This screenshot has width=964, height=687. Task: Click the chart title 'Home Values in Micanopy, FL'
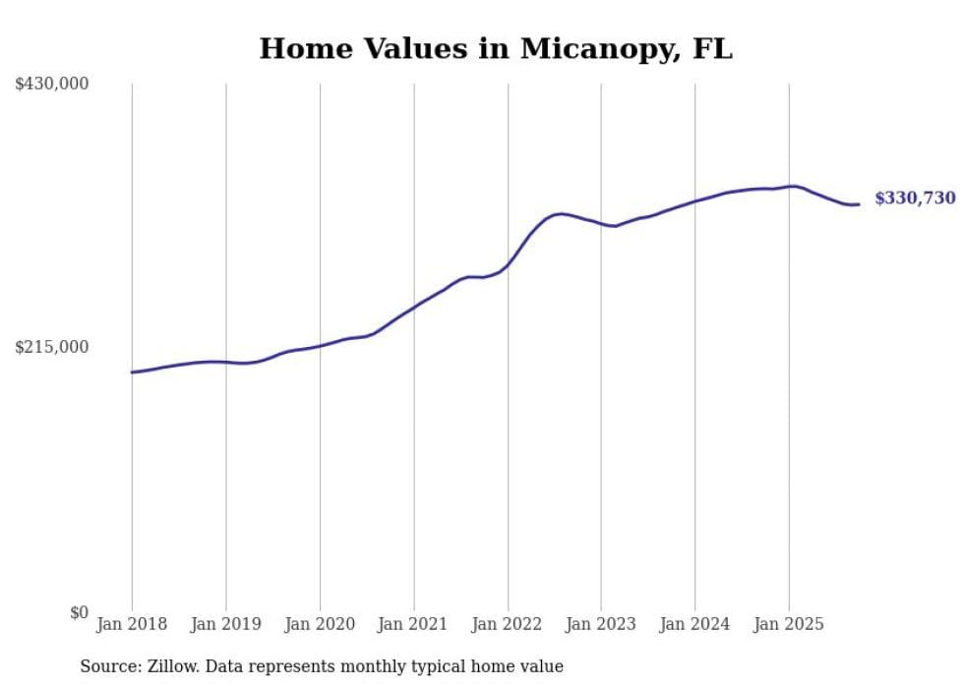pyautogui.click(x=496, y=49)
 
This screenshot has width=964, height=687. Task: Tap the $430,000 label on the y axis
pyautogui.click(x=52, y=85)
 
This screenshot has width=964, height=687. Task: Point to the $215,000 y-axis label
pyautogui.click(x=52, y=347)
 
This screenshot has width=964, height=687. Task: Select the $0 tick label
pyautogui.click(x=79, y=612)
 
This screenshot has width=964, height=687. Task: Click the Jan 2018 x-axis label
pyautogui.click(x=132, y=624)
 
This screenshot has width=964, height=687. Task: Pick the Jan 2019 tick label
pyautogui.click(x=226, y=624)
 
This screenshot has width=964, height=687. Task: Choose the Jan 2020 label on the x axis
pyautogui.click(x=320, y=624)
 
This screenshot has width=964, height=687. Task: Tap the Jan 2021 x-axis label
pyautogui.click(x=413, y=624)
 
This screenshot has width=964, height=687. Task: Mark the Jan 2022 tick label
pyautogui.click(x=508, y=624)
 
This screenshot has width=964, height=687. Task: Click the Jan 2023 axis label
pyautogui.click(x=601, y=624)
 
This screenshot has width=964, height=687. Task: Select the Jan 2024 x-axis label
pyautogui.click(x=695, y=624)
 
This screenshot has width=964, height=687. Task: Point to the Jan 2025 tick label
pyautogui.click(x=789, y=624)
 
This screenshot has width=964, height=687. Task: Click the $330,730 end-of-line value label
pyautogui.click(x=915, y=199)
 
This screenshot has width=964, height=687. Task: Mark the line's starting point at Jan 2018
pyautogui.click(x=132, y=372)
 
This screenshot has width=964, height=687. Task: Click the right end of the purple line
pyautogui.click(x=859, y=204)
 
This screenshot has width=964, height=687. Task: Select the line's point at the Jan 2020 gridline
pyautogui.click(x=320, y=345)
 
